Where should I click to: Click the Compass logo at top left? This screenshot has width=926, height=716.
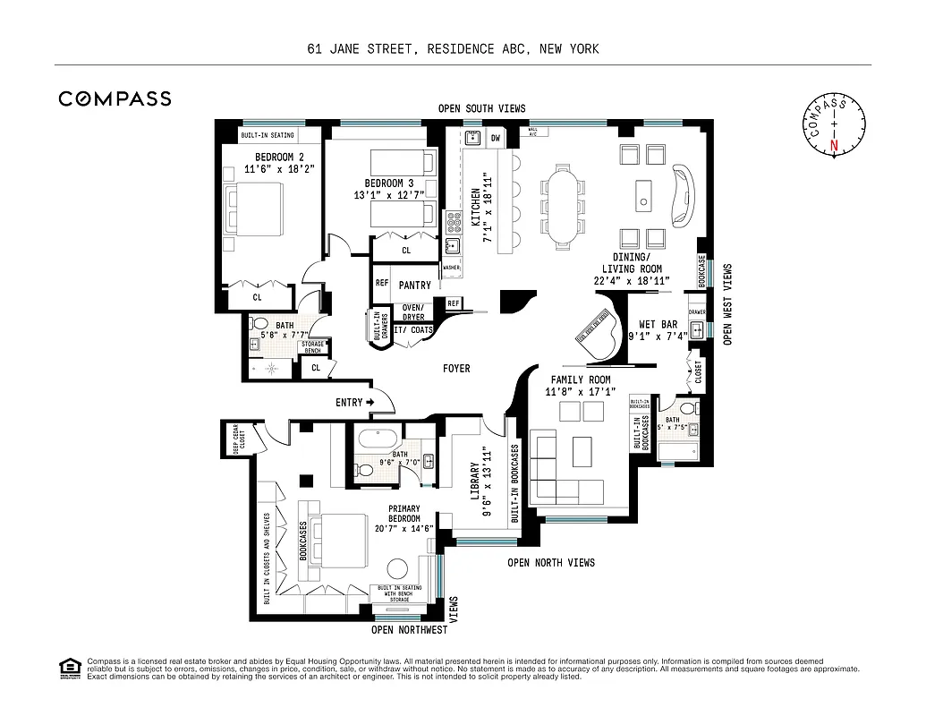click(x=115, y=98)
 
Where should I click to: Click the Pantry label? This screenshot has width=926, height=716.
click(x=414, y=286)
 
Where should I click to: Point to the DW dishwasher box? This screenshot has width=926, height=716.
click(x=495, y=138)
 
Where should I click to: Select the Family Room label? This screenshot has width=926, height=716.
click(x=580, y=386)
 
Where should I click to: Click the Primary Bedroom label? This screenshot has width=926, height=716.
click(x=404, y=519)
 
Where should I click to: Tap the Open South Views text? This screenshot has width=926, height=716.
click(x=481, y=108)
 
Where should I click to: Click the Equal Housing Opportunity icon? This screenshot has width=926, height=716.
click(x=68, y=667)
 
